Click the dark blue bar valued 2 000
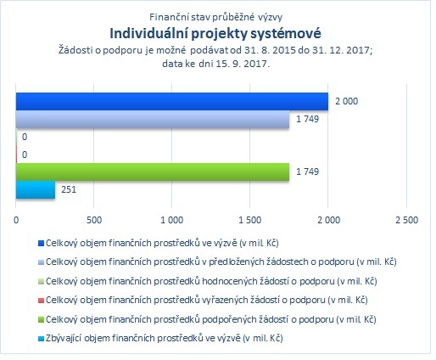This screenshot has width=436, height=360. point(172,101)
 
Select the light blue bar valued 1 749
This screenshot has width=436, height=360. point(153,119)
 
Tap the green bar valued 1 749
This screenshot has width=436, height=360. point(153,172)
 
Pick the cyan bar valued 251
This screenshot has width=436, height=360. point(36,189)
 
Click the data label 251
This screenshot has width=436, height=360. point(69,189)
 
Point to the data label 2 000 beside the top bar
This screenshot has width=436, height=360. point(346,101)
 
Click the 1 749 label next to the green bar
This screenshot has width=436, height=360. point(307,172)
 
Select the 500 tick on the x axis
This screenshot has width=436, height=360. point(94,220)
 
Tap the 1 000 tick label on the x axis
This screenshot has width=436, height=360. point(172,220)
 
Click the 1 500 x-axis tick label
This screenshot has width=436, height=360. point(250,220)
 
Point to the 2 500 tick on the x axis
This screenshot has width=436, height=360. point(406,220)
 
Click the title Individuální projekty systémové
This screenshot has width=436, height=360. point(215,33)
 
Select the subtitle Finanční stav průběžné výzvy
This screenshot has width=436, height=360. point(215,17)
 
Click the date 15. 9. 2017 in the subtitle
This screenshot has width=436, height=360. point(242,64)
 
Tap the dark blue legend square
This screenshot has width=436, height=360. point(41,244)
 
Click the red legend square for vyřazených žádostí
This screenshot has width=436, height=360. point(41,301)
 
